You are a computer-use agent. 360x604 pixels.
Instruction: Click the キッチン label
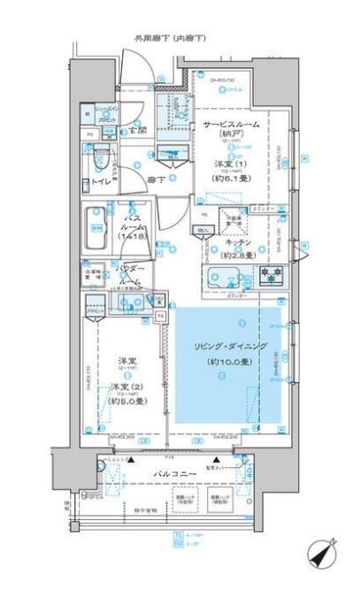click(238, 241)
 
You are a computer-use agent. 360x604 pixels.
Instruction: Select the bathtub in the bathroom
click(95, 228)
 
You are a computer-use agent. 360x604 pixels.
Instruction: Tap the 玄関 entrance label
click(137, 132)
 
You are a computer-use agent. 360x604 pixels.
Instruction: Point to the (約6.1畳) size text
click(229, 178)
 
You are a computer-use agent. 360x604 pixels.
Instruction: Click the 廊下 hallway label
click(156, 179)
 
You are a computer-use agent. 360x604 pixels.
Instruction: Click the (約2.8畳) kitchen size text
click(238, 255)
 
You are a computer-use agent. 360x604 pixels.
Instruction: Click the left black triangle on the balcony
click(132, 462)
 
